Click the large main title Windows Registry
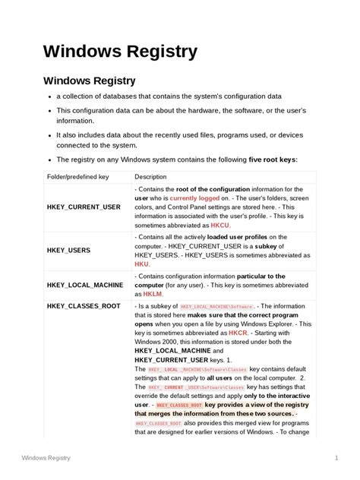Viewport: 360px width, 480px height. (120, 51)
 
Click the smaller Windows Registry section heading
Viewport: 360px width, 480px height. (90, 81)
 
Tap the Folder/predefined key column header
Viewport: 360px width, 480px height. (78, 176)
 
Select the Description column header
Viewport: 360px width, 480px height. (150, 176)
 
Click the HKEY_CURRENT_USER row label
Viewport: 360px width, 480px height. (84, 207)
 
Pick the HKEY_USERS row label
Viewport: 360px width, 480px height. (68, 248)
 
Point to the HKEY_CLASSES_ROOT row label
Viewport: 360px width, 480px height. (84, 307)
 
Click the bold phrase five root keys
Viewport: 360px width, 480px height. (273, 159)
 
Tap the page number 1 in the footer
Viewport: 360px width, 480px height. (335, 458)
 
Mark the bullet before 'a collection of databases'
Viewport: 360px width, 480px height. (49, 97)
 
